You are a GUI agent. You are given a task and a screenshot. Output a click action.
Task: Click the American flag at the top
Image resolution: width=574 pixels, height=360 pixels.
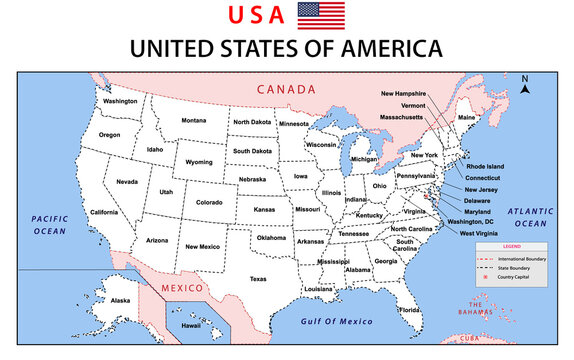click(x=321, y=16)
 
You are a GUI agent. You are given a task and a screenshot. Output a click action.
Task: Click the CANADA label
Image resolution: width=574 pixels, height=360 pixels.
click(x=286, y=89)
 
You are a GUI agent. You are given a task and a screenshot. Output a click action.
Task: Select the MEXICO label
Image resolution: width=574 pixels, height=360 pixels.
click(x=184, y=288)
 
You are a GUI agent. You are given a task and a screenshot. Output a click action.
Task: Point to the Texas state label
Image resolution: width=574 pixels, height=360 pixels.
click(x=258, y=279)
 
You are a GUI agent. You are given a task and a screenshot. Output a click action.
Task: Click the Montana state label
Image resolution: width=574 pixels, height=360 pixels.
click(x=194, y=121)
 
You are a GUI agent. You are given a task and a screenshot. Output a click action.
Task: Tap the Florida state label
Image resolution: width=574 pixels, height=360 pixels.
click(x=409, y=310)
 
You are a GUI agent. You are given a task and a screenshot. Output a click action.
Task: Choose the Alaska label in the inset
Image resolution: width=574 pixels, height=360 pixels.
click(x=120, y=300)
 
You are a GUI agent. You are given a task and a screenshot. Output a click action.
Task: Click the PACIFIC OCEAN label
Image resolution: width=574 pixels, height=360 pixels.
click(x=48, y=223)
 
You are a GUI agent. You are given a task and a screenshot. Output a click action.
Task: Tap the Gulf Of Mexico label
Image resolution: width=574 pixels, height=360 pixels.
click(x=336, y=322)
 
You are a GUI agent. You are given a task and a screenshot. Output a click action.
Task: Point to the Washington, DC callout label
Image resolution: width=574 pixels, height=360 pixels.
click(x=469, y=221)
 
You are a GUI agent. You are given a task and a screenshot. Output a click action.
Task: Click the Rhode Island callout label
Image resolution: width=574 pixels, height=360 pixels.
click(x=485, y=166)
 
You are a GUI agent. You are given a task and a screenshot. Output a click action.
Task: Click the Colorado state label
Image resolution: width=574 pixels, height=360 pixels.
click(x=209, y=202)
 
